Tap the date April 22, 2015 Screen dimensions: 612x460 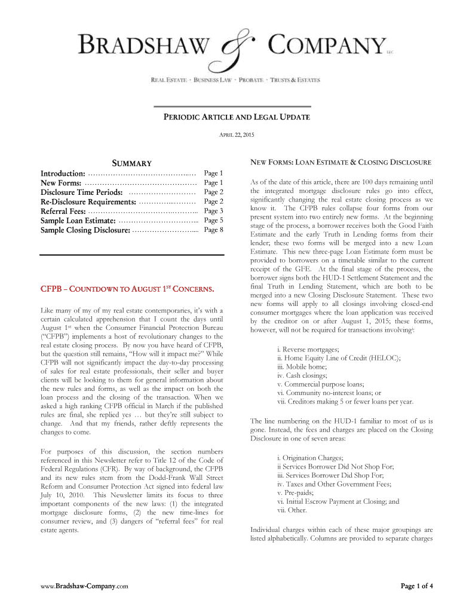(x=237, y=135)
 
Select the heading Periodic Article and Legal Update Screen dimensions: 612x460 (x=237, y=117)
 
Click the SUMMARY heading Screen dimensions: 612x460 (x=132, y=163)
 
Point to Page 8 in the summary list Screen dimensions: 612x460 (x=213, y=230)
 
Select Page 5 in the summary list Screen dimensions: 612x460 (x=213, y=221)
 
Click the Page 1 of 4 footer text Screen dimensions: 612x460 (x=416, y=586)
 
